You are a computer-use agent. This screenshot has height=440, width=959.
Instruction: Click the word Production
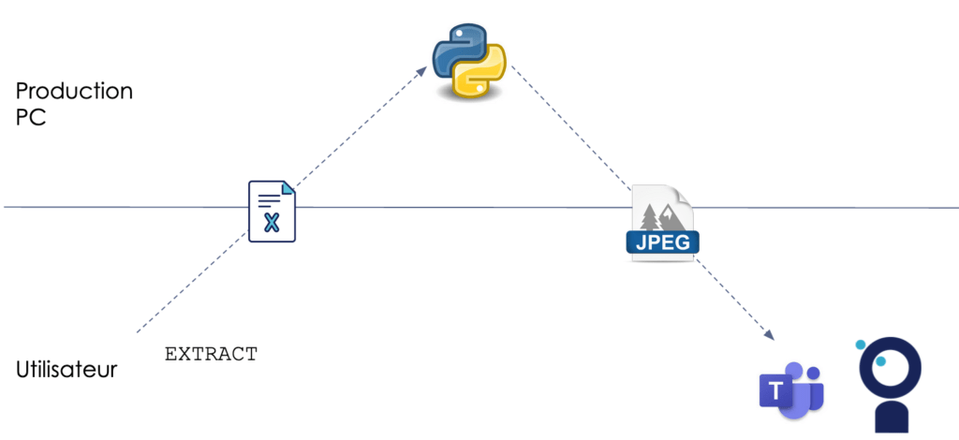[x=74, y=92]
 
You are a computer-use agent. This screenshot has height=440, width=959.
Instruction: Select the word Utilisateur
[x=66, y=370]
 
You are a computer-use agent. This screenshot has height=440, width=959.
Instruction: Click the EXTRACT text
[x=211, y=354]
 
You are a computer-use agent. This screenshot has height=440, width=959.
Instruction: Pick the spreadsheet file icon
[x=272, y=212]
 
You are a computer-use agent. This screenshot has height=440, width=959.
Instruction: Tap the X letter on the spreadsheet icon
[x=272, y=223]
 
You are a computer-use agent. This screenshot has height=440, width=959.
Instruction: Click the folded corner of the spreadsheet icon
[x=288, y=188]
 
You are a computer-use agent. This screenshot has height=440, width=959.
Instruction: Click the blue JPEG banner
[x=663, y=243]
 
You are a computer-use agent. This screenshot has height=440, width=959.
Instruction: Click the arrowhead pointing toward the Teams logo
[x=770, y=335]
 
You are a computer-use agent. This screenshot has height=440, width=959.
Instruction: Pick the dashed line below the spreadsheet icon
[x=192, y=285]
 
